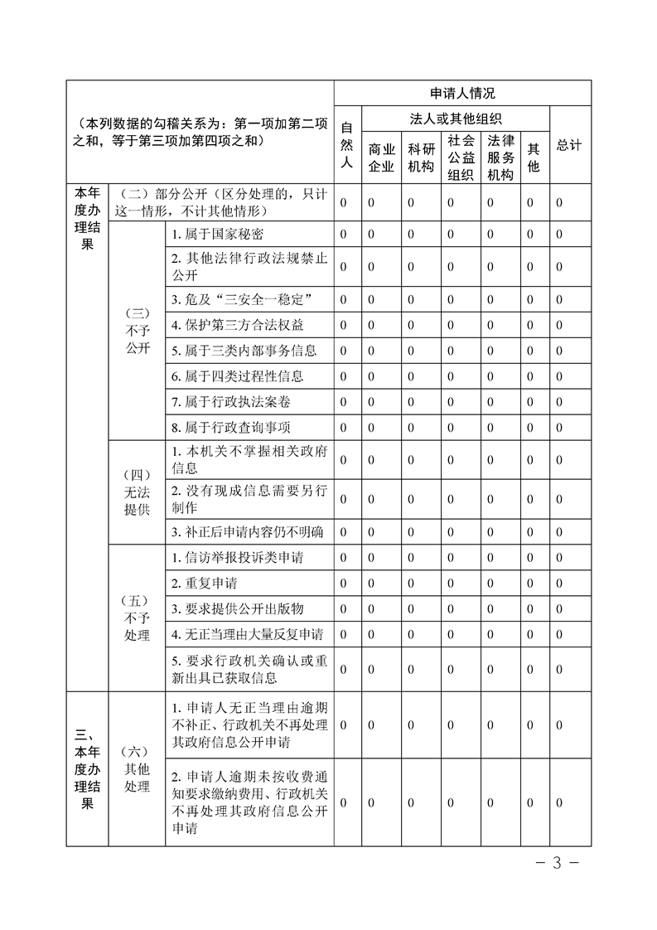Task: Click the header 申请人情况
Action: coord(462,94)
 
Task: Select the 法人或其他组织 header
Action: coord(456,119)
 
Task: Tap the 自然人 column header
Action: coord(347,145)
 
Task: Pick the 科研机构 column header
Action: coord(421,157)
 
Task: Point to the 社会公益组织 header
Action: coord(461,157)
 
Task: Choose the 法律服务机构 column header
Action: coord(501,157)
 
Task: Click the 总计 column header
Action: coord(569,145)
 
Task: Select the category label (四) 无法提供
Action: coord(137,492)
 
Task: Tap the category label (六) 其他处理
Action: coord(137,768)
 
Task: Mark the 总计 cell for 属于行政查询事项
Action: coord(560,428)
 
